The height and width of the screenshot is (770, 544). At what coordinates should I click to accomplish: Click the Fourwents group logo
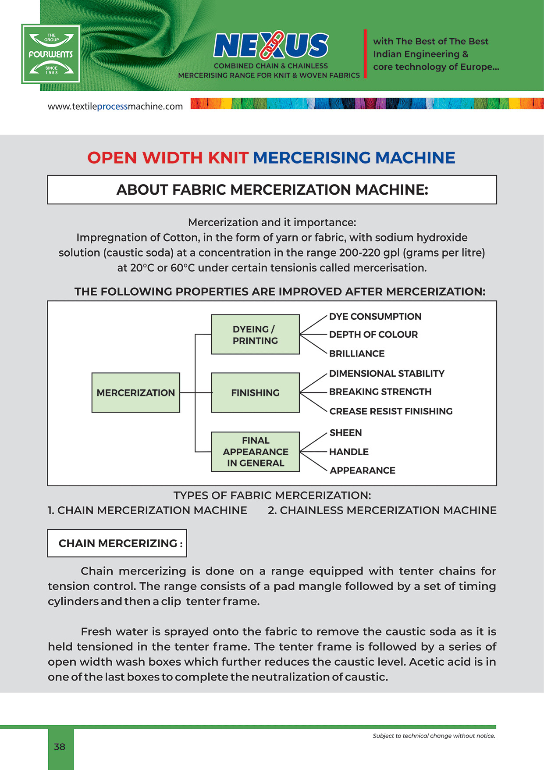[51, 54]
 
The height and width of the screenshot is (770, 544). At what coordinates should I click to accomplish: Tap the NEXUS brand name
[271, 46]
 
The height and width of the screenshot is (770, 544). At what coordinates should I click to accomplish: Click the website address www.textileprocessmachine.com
[115, 107]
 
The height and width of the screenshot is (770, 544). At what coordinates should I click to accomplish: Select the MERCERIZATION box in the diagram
[135, 392]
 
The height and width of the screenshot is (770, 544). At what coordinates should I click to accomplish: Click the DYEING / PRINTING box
[255, 335]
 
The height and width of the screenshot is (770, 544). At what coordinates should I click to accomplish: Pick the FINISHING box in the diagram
[255, 392]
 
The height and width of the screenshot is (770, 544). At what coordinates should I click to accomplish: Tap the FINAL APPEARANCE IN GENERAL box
[255, 452]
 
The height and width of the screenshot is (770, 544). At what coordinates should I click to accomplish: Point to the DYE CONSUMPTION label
[375, 317]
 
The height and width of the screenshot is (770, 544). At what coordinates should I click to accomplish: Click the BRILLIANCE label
[357, 353]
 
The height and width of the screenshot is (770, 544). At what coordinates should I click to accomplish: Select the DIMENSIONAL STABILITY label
[387, 374]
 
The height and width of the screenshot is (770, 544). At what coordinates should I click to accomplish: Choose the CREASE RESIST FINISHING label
[391, 411]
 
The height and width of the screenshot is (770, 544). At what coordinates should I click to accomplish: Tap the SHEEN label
[345, 433]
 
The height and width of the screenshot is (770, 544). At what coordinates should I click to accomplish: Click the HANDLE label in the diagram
[349, 452]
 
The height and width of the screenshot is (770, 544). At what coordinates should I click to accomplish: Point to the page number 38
[60, 747]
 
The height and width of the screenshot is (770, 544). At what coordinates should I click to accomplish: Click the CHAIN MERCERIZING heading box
[117, 543]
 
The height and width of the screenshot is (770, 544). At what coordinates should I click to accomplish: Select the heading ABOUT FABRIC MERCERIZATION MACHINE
[272, 190]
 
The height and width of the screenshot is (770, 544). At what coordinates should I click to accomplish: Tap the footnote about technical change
[434, 736]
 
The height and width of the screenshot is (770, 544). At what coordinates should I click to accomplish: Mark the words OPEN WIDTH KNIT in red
[168, 158]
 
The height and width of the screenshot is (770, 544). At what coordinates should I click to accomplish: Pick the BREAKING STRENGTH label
[380, 392]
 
